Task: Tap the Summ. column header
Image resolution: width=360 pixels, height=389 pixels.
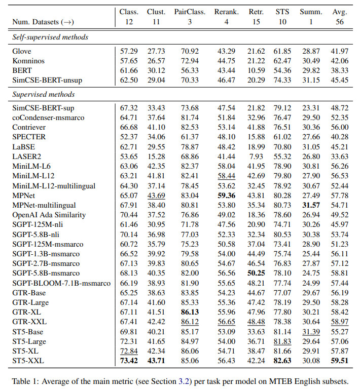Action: tap(310, 12)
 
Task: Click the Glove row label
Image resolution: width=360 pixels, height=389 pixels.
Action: tap(22, 52)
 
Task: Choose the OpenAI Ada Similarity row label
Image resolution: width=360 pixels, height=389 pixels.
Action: tap(49, 215)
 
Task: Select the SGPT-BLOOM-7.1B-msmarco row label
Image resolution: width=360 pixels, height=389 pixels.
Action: tap(61, 283)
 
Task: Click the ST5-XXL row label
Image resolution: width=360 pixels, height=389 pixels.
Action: tap(29, 360)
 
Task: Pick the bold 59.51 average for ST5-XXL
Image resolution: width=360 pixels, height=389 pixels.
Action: tap(339, 360)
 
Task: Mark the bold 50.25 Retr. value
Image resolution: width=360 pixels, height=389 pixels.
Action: tap(257, 273)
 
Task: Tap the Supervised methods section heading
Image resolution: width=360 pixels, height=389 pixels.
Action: tap(44, 94)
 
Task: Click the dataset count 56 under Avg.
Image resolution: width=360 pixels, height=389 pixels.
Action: tap(339, 22)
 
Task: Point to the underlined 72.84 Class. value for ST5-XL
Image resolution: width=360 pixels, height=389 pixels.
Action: tap(129, 351)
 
